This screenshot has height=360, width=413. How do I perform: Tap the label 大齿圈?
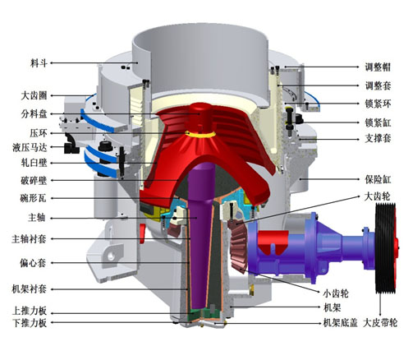pyautogui.click(x=26, y=95)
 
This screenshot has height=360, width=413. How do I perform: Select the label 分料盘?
pyautogui.click(x=26, y=113)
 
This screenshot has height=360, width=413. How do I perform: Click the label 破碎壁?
pyautogui.click(x=26, y=179)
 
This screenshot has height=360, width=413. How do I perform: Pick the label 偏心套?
pyautogui.click(x=26, y=263)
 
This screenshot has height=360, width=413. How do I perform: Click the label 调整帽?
pyautogui.click(x=381, y=68)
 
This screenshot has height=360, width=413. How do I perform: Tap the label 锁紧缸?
pyautogui.click(x=381, y=122)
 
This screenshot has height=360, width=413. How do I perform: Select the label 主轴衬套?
pyautogui.click(x=22, y=239)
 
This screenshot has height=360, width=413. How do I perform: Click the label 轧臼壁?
pyautogui.click(x=26, y=162)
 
